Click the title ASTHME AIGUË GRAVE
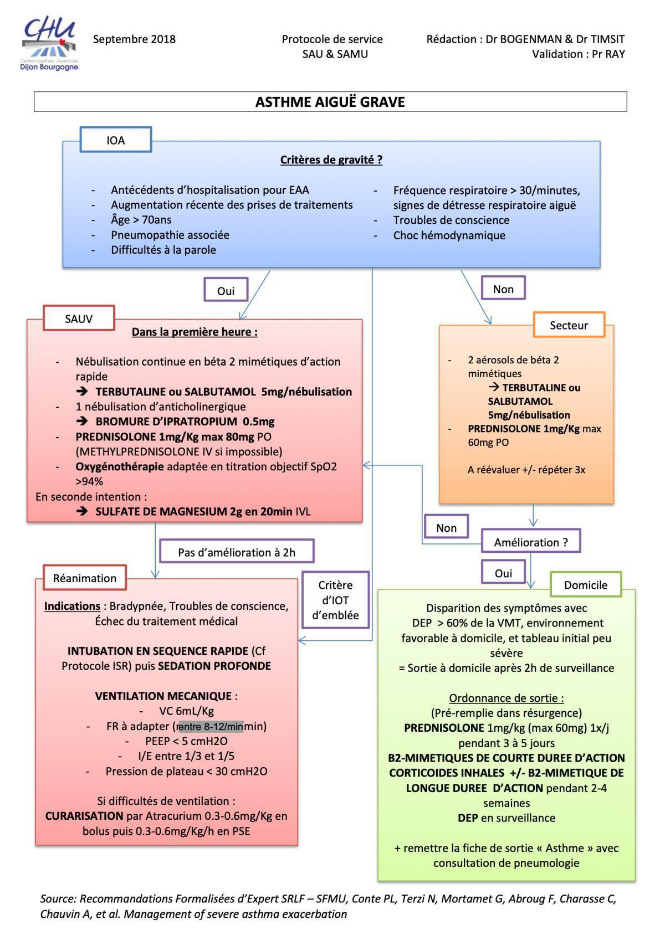click(330, 102)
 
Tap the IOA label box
click(116, 140)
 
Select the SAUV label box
click(79, 319)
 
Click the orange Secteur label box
click(569, 325)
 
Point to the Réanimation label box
click(85, 578)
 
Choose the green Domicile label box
click(586, 585)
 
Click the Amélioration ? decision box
click(531, 542)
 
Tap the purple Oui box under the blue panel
click(226, 291)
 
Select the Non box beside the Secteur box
click(503, 289)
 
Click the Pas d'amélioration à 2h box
click(237, 552)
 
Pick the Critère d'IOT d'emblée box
click(335, 600)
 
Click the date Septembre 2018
click(134, 39)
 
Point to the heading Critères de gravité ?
click(331, 160)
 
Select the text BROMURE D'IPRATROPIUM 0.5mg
click(185, 422)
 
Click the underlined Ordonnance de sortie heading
click(507, 698)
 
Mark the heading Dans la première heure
click(195, 332)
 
